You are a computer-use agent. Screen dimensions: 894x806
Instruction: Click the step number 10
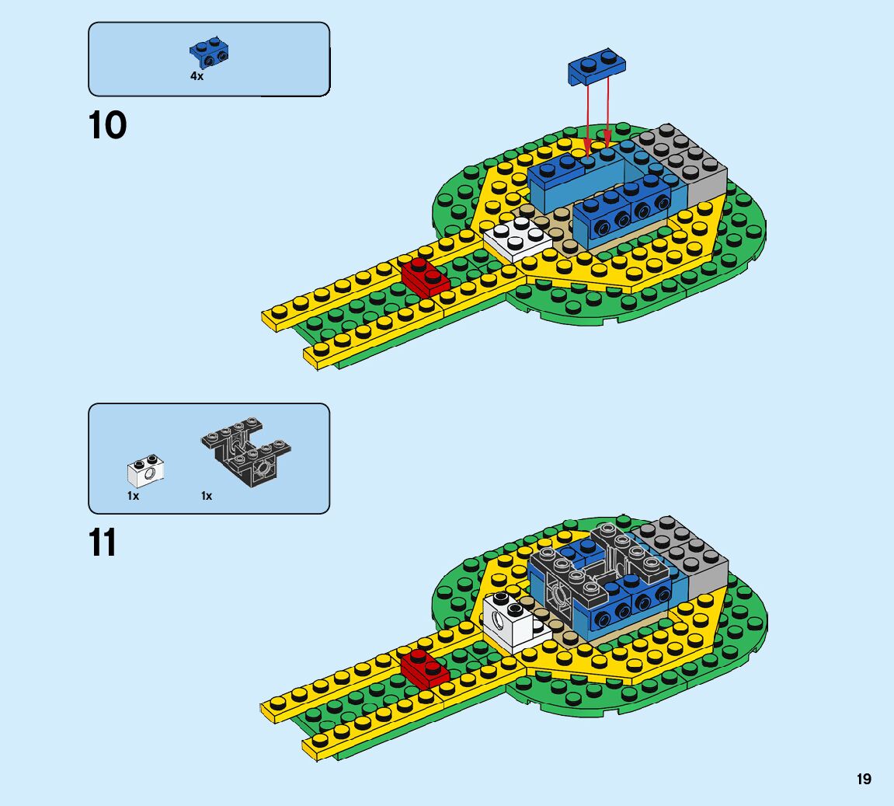point(108,125)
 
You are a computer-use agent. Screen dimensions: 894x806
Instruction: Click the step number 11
point(103,543)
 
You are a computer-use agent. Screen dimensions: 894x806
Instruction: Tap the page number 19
point(864,779)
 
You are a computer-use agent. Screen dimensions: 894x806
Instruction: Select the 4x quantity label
point(197,76)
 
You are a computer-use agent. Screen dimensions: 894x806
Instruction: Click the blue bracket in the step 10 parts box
point(208,53)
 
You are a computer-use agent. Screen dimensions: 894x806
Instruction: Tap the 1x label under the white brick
point(134,496)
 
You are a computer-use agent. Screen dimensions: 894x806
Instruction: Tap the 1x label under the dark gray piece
point(207,496)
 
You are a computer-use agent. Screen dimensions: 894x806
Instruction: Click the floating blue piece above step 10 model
point(597,66)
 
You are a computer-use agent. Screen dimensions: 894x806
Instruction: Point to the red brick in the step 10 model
point(425,277)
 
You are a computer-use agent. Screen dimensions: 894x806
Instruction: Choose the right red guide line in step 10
point(607,109)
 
